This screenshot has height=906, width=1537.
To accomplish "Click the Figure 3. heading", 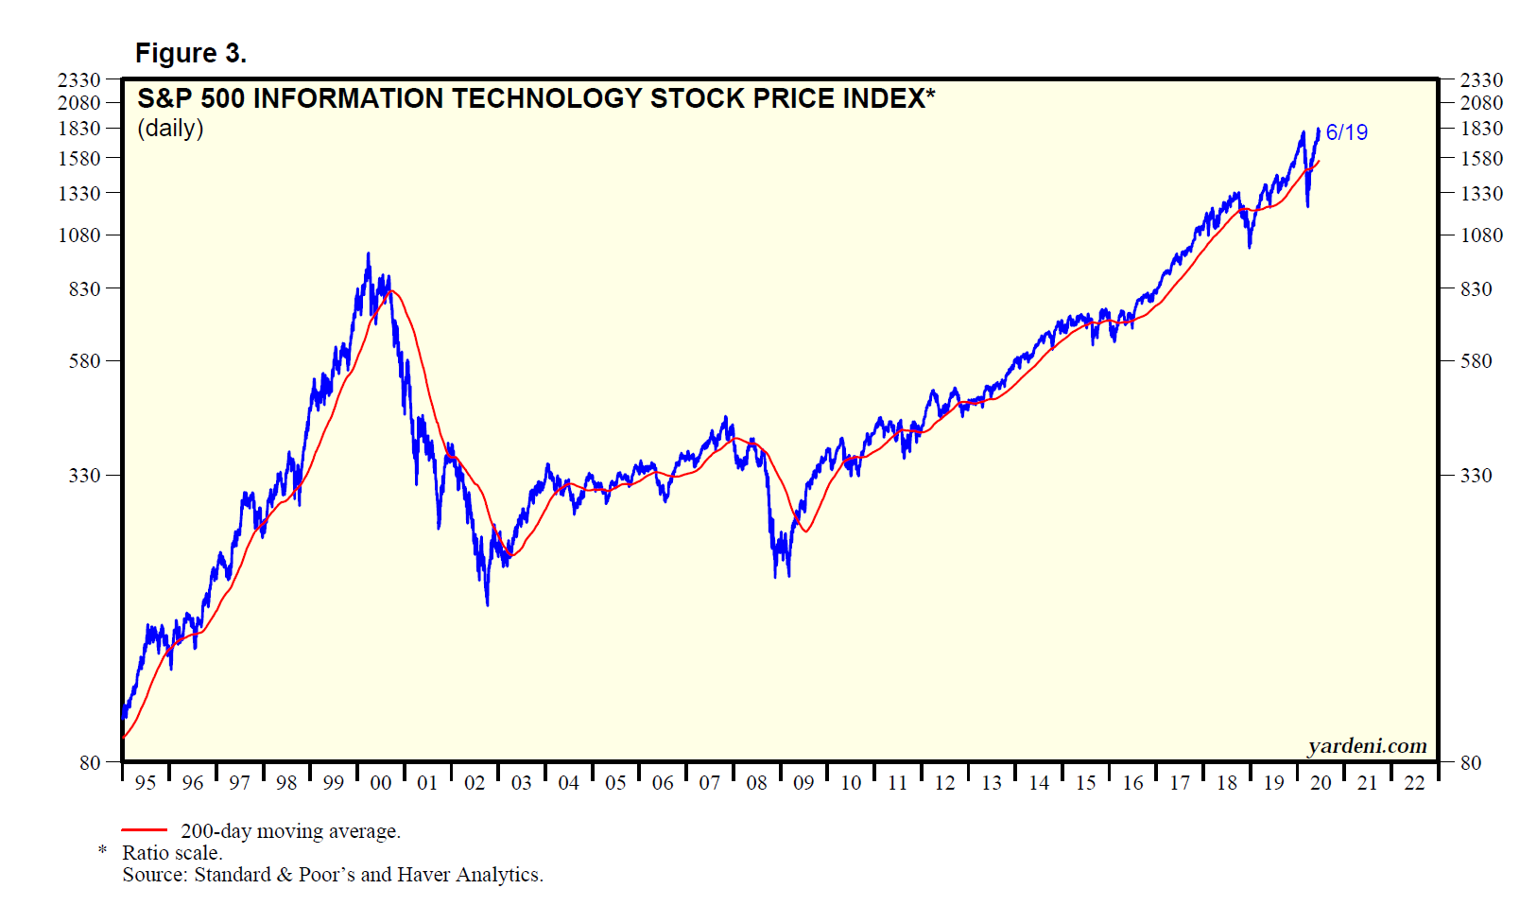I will [190, 53].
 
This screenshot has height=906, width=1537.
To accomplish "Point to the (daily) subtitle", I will [170, 128].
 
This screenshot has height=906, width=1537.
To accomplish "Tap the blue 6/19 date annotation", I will [1346, 132].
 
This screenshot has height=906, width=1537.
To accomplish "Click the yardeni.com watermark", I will [1367, 746].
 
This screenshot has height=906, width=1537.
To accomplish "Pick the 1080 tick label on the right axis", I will [1481, 235].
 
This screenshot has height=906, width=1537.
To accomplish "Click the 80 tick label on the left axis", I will [90, 762].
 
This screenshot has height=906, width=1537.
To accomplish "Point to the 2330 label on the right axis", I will [1481, 79].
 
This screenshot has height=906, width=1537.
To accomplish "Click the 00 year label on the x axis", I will [380, 783].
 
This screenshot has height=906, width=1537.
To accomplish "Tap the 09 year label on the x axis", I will [803, 783].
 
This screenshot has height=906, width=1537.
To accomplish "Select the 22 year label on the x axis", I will [1414, 783].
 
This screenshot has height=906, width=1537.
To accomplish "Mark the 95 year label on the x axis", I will [146, 783].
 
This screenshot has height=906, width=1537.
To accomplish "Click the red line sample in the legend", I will [144, 830].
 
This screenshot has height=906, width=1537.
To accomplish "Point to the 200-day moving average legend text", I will [290, 831].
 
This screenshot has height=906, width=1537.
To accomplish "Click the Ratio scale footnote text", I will [172, 853].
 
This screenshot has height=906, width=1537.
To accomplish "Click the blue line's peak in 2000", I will [368, 253].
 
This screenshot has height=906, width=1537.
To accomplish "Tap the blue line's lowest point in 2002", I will [487, 604].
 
